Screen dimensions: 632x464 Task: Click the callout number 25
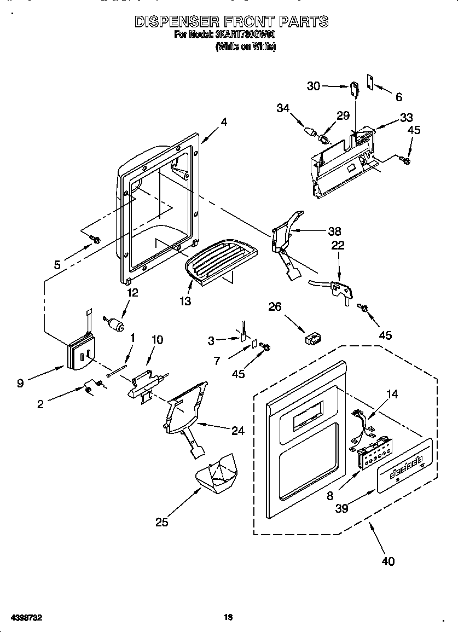[161, 522]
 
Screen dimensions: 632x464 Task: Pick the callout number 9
[20, 384]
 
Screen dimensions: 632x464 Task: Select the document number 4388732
[24, 618]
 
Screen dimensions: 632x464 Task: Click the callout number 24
[237, 431]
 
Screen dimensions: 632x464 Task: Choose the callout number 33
[406, 117]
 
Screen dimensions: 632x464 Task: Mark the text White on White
[246, 47]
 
